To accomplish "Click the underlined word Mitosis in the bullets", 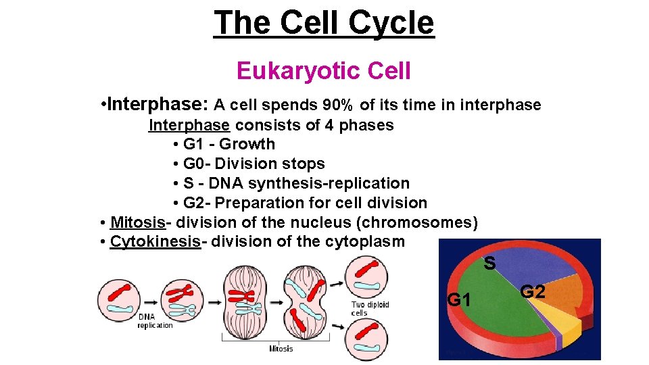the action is (x=137, y=222).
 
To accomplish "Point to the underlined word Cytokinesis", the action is (x=155, y=241).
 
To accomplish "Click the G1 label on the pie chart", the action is (x=459, y=299).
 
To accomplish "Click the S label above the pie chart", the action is (x=490, y=262).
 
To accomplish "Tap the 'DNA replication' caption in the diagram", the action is (x=155, y=321).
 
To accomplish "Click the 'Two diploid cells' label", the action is (x=370, y=309).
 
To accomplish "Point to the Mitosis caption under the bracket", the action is (x=281, y=349).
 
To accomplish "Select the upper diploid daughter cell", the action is (x=366, y=277).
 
